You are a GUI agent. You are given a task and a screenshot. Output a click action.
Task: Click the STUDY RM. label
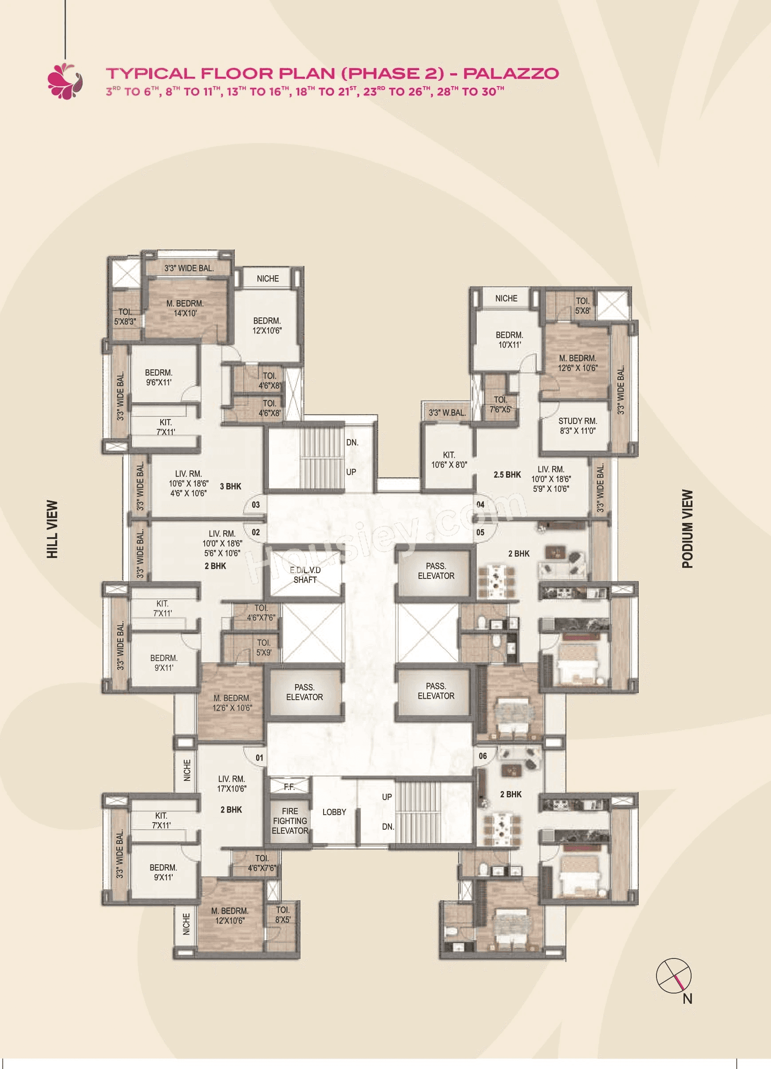[577, 426]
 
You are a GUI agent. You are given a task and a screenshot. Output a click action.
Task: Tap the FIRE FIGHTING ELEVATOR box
[289, 820]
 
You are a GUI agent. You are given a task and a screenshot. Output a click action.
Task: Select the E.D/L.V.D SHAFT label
[305, 574]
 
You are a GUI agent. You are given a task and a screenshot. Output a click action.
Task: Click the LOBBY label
[334, 812]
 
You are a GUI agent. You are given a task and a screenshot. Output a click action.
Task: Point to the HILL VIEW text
[52, 529]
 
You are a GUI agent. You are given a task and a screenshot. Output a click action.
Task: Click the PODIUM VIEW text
[688, 529]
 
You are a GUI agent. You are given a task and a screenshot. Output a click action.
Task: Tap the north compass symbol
[674, 975]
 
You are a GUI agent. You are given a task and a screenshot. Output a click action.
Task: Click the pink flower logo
[65, 81]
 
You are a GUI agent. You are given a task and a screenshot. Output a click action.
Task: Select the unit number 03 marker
[255, 505]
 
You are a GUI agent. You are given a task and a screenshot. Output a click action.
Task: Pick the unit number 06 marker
[482, 756]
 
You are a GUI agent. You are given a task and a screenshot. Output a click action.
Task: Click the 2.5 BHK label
[507, 475]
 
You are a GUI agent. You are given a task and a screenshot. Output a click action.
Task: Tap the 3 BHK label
[230, 487]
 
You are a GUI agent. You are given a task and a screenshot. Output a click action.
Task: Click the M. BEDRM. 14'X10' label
[185, 308]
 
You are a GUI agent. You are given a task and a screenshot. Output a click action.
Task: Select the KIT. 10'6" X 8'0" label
[449, 459]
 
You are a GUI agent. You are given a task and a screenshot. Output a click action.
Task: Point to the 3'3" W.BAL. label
[447, 413]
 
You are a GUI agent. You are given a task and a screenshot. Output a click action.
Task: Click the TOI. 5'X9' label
[264, 648]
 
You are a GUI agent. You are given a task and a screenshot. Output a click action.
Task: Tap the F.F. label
[289, 787]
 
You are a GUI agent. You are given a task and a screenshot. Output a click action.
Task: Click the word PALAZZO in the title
[511, 73]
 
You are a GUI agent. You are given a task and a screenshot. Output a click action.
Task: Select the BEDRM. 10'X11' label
[509, 339]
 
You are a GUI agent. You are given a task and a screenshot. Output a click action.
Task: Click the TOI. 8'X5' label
[283, 915]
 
